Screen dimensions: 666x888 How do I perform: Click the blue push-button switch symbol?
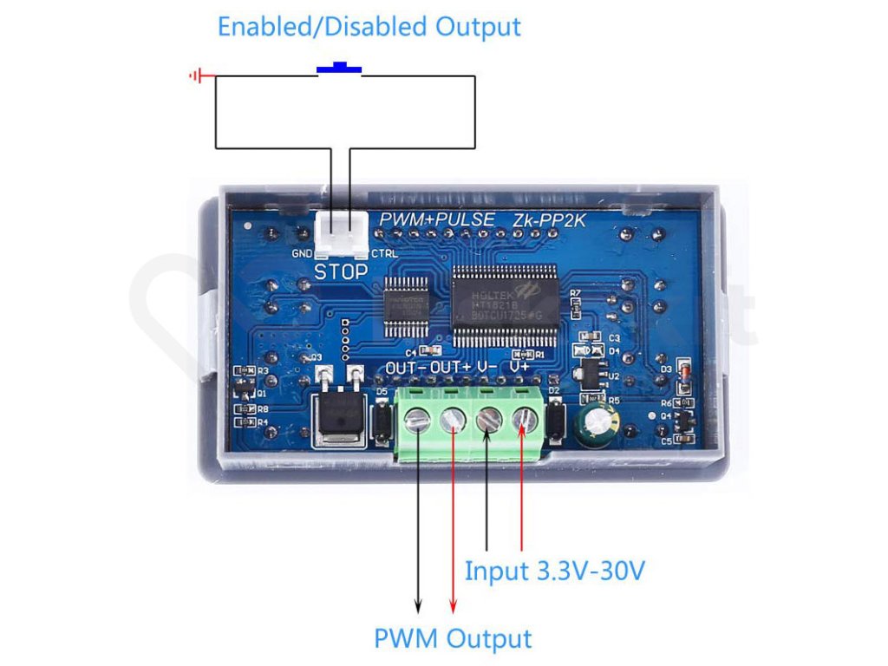[339, 68]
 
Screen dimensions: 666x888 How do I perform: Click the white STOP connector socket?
[341, 237]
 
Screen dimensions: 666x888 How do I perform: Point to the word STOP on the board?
[341, 271]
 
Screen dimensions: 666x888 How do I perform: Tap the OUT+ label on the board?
[451, 369]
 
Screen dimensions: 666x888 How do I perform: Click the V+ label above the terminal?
[520, 368]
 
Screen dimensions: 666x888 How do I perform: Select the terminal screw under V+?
[523, 421]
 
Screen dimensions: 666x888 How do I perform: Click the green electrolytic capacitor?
[599, 422]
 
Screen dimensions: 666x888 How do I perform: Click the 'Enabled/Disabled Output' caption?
[369, 26]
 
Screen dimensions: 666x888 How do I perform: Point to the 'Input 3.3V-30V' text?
[555, 571]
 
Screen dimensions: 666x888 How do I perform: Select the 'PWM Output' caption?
[452, 639]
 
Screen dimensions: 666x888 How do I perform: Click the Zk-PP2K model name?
[548, 219]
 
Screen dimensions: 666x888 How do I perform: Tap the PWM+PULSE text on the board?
[437, 219]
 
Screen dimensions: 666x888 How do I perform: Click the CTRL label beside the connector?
[383, 254]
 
